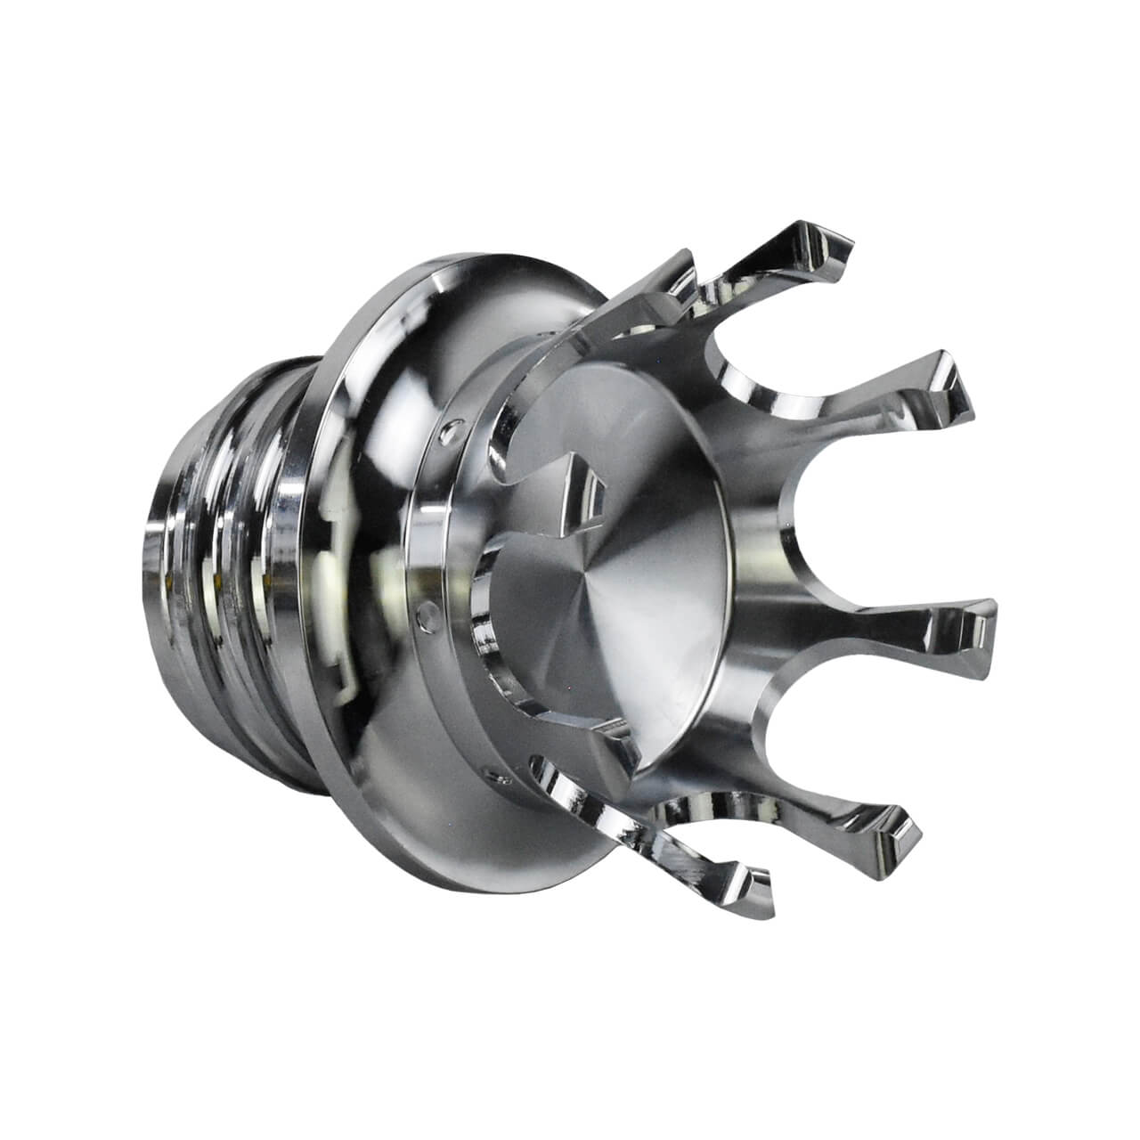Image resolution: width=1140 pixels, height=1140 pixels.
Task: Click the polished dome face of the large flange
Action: tap(374, 445)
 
